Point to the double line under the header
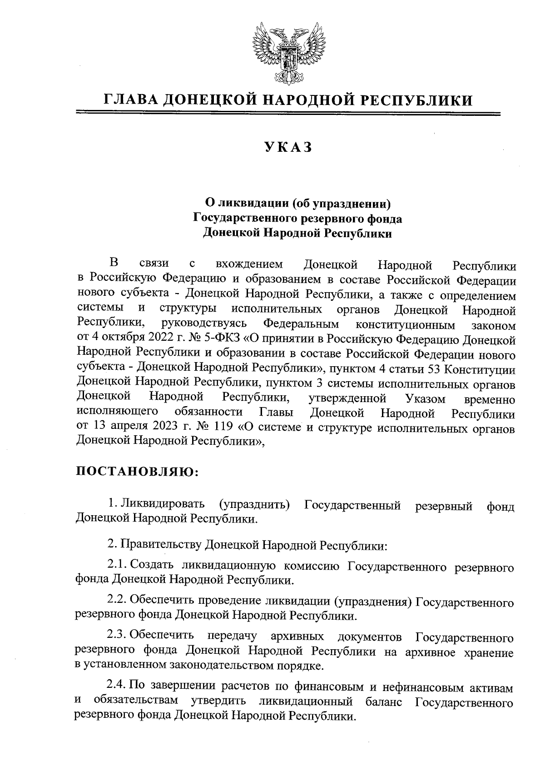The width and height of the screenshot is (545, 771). pyautogui.click(x=288, y=114)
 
